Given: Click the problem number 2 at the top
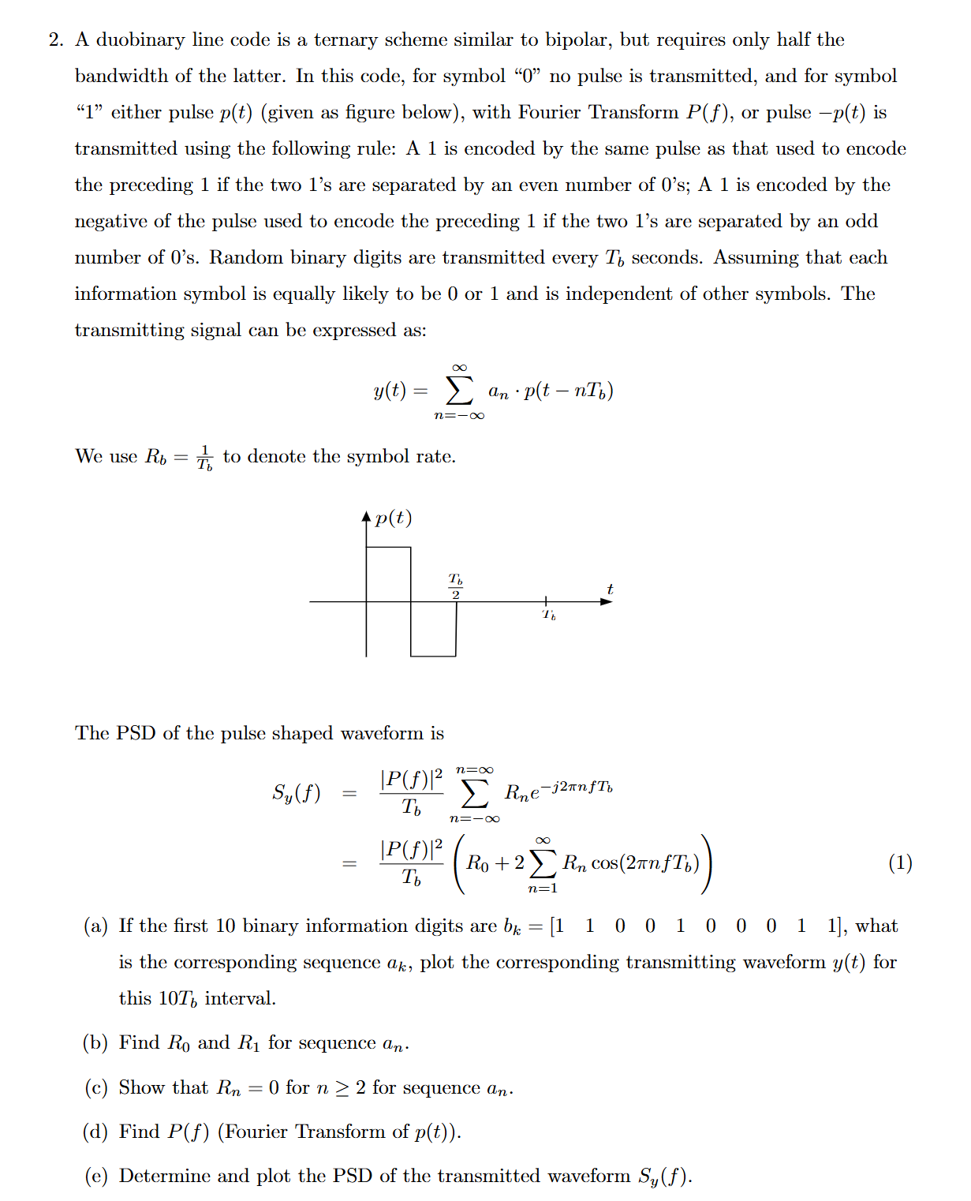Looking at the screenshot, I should point(54,40).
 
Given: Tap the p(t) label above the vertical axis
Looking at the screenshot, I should point(394,518).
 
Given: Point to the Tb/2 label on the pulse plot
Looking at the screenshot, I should point(456,586).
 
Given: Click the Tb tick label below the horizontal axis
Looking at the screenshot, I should point(549,615).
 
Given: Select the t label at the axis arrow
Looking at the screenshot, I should point(610,589).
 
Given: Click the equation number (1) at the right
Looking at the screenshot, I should point(900,862).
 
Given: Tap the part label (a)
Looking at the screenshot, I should point(95,926).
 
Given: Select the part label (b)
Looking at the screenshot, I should point(95,1042).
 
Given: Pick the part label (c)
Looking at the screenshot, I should point(95,1087).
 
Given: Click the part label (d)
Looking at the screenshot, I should point(95,1132).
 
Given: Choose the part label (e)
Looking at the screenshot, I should point(95,1176).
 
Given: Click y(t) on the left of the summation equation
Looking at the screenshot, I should point(390,391).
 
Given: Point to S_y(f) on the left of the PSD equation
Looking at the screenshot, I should point(297,792).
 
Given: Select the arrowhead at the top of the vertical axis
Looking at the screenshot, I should point(366,518).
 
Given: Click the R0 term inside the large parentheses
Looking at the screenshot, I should point(477,863).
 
